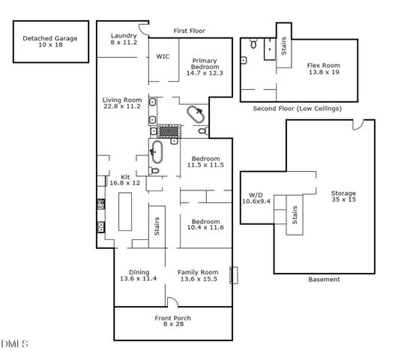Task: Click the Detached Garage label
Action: point(50,39)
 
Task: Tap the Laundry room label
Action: point(123,35)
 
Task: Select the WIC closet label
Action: point(163,56)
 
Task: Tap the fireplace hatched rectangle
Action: point(170,130)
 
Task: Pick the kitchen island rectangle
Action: point(124,213)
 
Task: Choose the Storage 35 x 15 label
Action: point(344,196)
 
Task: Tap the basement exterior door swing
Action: point(359,122)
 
